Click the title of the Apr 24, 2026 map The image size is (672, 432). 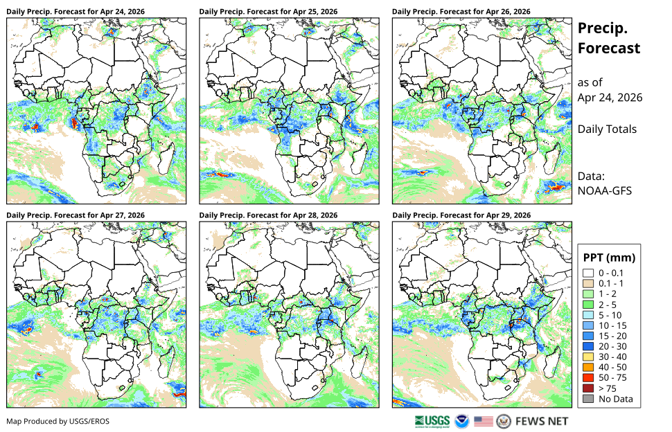76,12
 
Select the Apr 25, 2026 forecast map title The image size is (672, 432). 268,12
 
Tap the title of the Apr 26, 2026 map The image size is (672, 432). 461,12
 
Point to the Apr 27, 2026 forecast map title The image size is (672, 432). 76,215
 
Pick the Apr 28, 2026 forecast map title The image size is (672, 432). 268,215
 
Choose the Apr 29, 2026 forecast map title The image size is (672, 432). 461,215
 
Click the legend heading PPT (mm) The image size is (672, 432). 609,258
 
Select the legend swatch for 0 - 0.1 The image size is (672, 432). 588,273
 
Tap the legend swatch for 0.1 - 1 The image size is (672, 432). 588,283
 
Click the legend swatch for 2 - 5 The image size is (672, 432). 588,305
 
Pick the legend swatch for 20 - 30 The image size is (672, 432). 588,346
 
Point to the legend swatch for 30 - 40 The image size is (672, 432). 588,357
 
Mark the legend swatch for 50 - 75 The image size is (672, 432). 588,378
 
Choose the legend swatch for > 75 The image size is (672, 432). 588,388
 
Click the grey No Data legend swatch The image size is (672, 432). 588,399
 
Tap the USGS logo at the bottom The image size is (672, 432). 432,422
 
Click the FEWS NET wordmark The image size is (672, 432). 542,422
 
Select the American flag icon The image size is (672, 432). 484,422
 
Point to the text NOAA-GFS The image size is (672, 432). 604,191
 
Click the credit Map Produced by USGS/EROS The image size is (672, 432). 58,422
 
